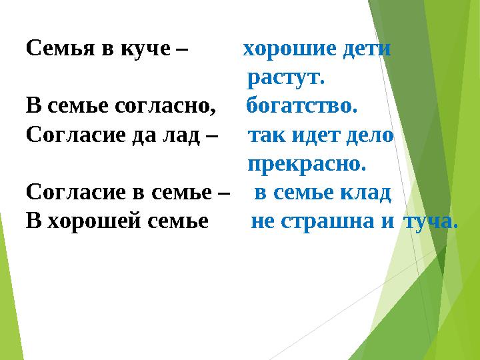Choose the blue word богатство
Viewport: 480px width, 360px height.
coord(302,107)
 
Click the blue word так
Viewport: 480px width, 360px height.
coord(264,135)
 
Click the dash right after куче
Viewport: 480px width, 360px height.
coord(183,51)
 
